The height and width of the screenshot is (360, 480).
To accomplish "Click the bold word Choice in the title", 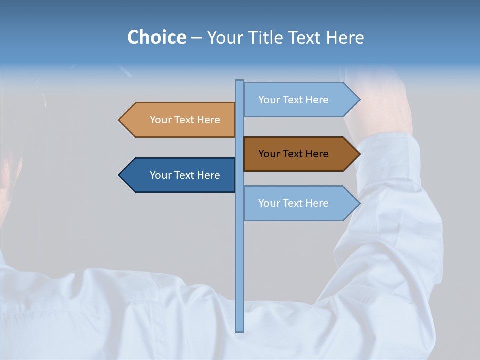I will pyautogui.click(x=156, y=37).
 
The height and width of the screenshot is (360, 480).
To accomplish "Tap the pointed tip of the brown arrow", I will pyautogui.click(x=359, y=154).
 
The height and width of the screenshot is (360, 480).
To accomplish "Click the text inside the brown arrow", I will pyautogui.click(x=293, y=154).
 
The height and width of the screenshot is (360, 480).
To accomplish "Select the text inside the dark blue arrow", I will pyautogui.click(x=185, y=175).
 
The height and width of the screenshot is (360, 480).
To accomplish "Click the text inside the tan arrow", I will pyautogui.click(x=185, y=120).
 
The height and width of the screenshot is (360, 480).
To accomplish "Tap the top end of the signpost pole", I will pyautogui.click(x=239, y=82).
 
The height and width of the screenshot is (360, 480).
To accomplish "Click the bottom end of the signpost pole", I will pyautogui.click(x=239, y=330).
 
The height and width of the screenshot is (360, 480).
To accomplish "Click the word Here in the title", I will pyautogui.click(x=345, y=37).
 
